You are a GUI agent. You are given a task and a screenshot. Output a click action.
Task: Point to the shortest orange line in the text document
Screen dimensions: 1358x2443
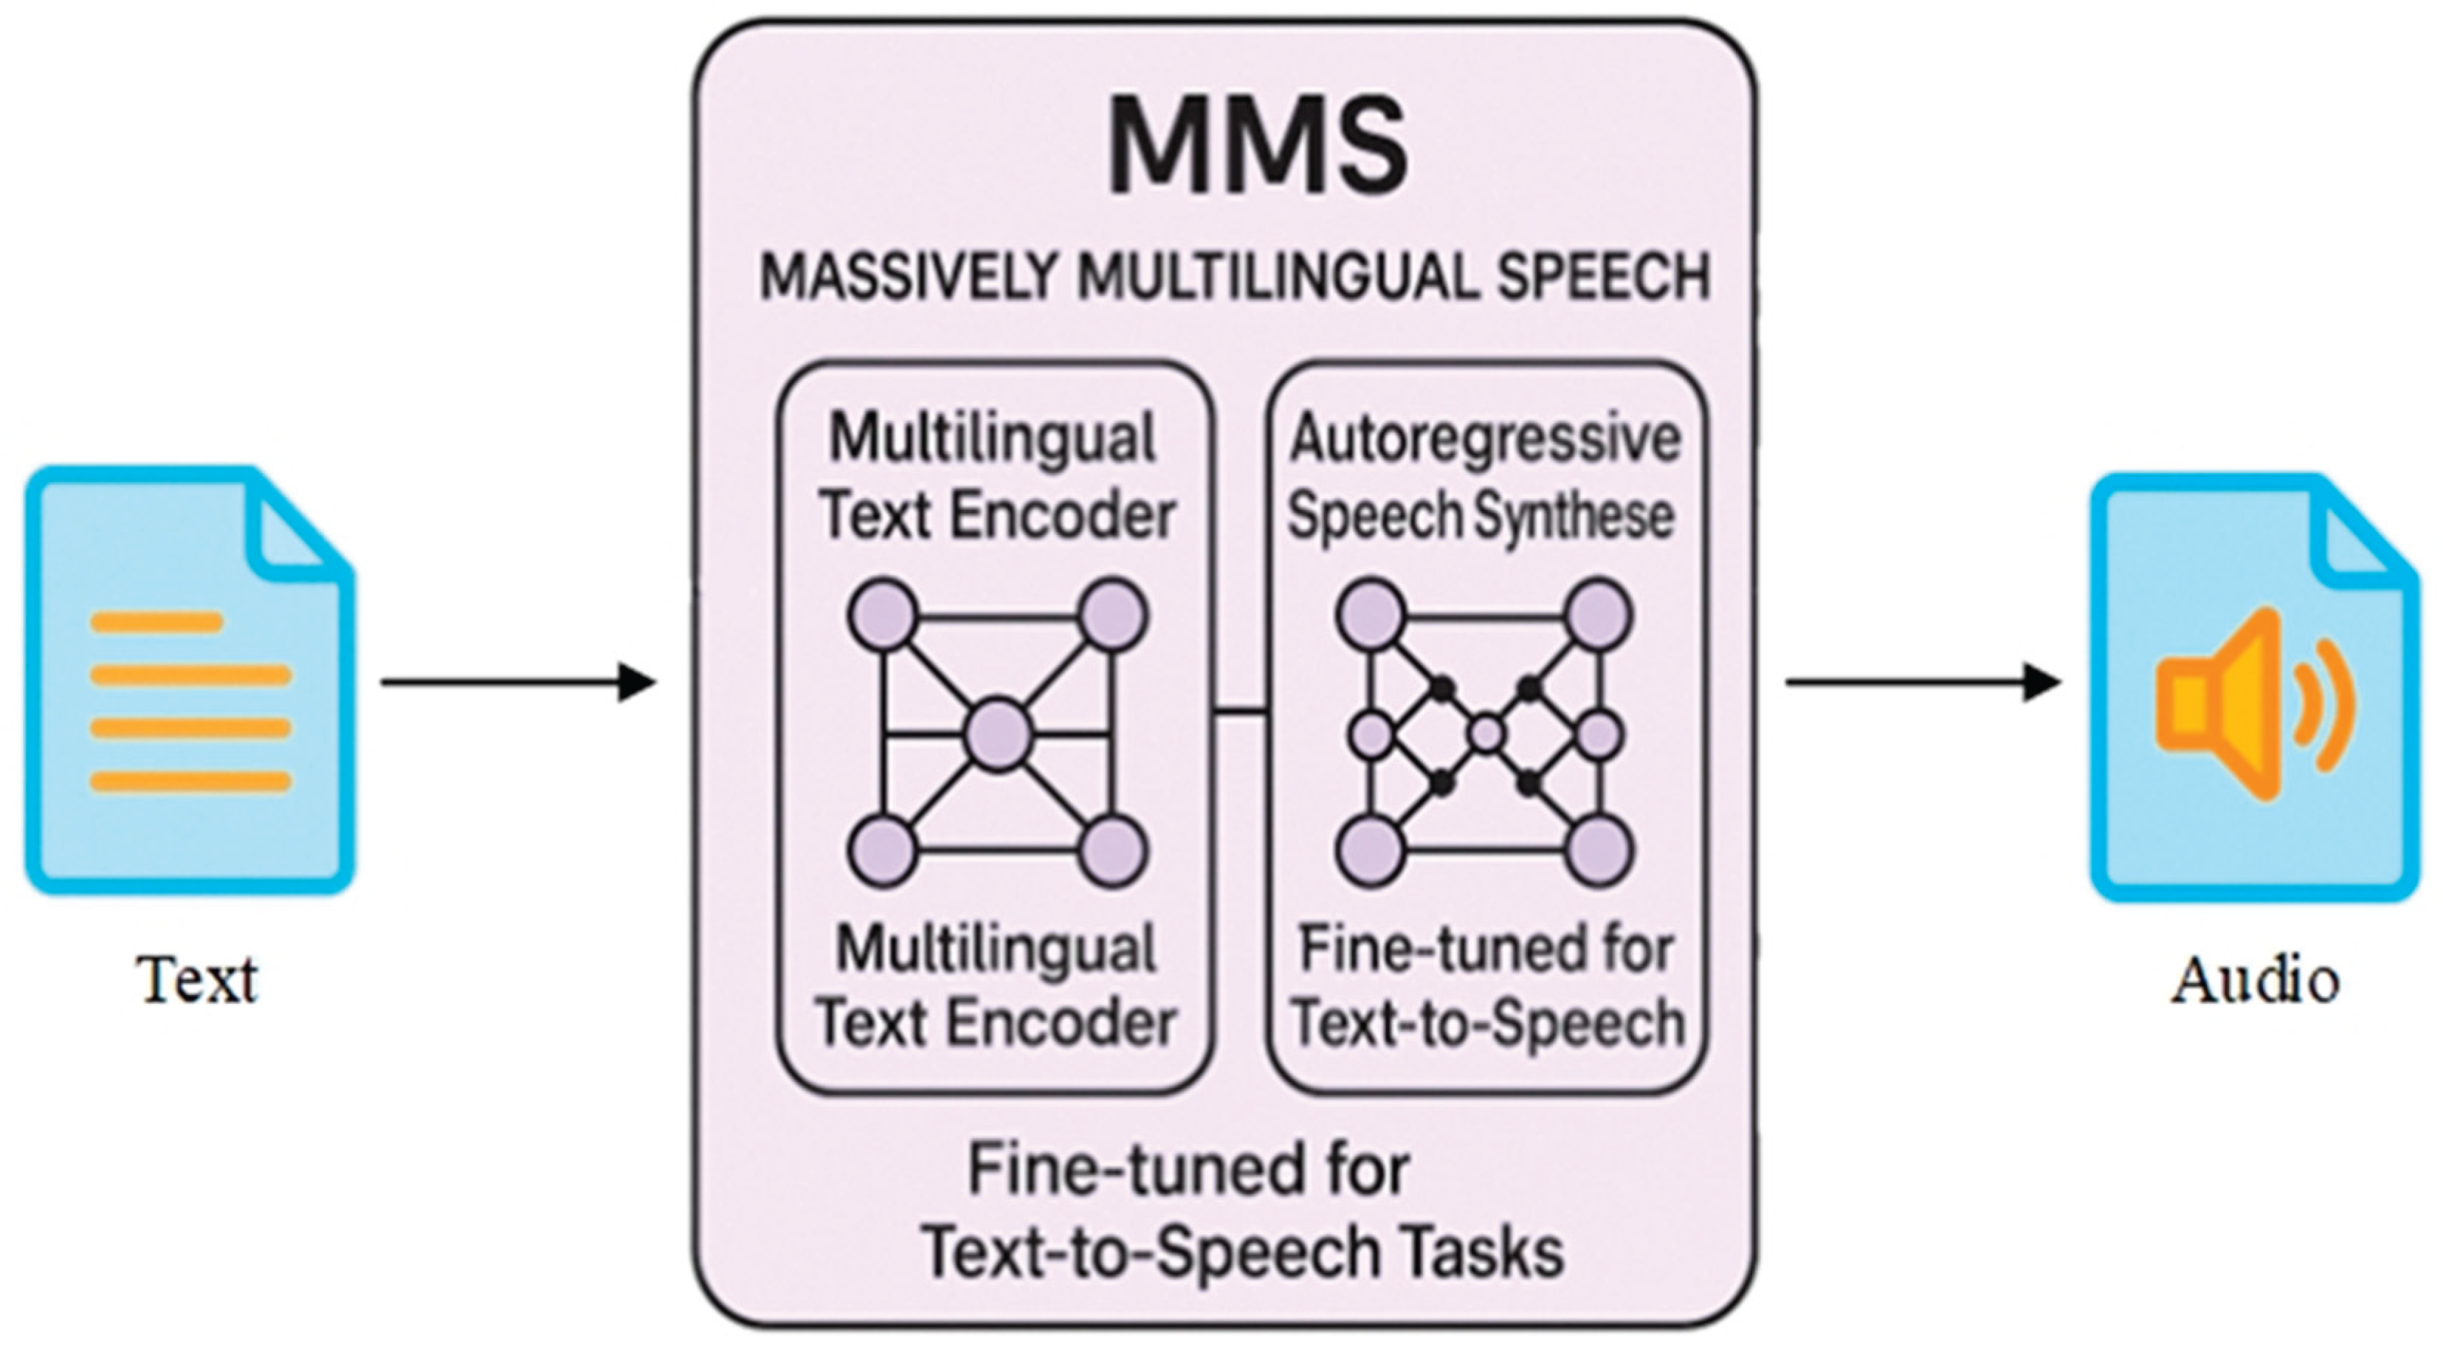[x=156, y=623]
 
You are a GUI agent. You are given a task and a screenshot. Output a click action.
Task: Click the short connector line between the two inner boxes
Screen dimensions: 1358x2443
[x=1241, y=709]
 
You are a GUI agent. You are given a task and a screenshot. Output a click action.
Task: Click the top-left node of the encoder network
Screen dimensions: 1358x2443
[x=882, y=616]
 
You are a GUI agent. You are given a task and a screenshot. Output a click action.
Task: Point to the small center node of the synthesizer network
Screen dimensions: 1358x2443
[x=1486, y=733]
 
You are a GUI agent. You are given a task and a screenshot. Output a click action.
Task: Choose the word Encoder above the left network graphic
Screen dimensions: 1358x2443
[x=1062, y=517]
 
